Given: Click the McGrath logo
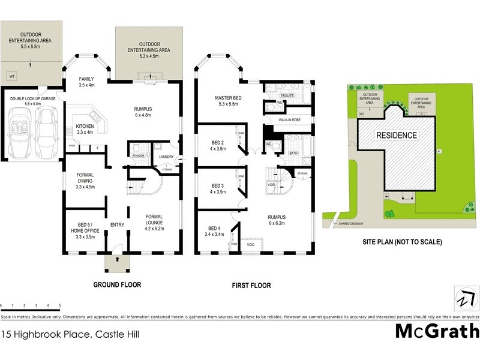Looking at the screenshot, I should click(437, 331).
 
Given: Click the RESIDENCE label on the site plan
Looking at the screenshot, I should click(397, 136).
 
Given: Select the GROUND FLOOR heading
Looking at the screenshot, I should click(117, 285).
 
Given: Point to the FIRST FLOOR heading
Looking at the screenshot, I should click(251, 286).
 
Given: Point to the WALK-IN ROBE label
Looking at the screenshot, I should click(289, 120).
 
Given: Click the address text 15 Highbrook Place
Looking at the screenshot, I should click(70, 334).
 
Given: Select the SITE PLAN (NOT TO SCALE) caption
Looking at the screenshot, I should click(402, 242).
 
